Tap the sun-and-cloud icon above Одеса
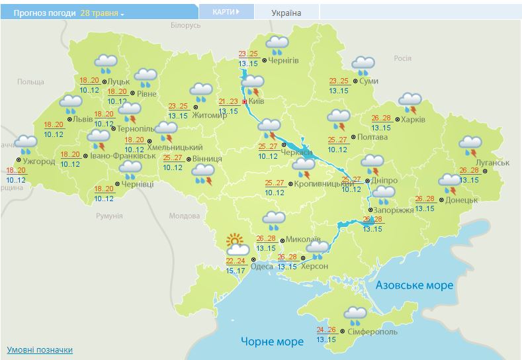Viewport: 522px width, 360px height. coord(236,245)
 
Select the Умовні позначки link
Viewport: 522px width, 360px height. coord(40,349)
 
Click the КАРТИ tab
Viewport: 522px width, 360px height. coord(226,12)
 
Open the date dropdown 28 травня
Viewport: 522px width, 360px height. coord(103,13)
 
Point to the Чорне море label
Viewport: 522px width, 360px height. coord(272,341)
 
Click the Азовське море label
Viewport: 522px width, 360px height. coord(414,285)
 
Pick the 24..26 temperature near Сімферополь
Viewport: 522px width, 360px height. coord(327,330)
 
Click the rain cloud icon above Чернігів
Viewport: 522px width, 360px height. coord(277,45)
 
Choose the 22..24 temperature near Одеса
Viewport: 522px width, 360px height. coord(236,261)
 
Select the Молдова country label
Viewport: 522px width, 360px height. coord(184,216)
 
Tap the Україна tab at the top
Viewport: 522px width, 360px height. coord(286,13)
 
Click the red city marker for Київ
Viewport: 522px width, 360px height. coord(245,103)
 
